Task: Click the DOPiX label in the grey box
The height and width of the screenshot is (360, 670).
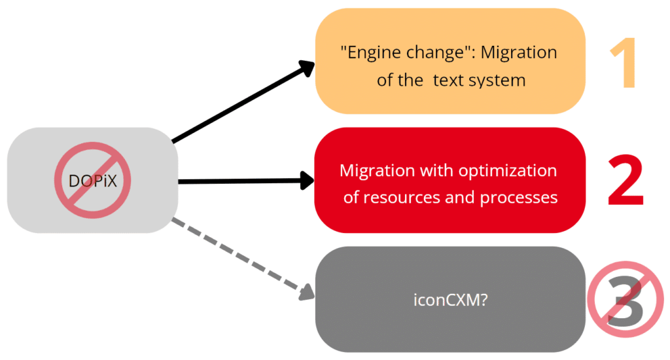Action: click(93, 181)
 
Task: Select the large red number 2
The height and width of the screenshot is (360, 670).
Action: click(626, 180)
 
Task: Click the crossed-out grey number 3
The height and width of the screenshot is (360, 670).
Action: click(626, 299)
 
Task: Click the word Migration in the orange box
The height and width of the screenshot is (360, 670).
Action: click(519, 52)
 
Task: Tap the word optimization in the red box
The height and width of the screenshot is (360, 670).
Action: click(508, 171)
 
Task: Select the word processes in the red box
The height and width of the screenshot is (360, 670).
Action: click(518, 198)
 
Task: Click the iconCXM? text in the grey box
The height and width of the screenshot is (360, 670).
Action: click(450, 300)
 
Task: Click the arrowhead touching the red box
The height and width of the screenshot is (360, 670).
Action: click(307, 181)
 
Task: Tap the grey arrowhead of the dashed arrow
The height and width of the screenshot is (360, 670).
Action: click(307, 293)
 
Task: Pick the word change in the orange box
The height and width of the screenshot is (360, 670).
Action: click(435, 52)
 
